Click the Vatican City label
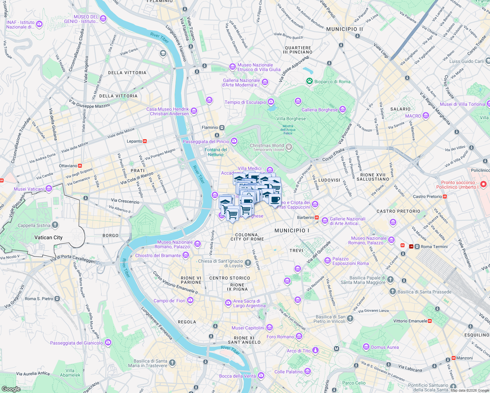48,237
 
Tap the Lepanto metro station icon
145,141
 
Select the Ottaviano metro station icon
80,166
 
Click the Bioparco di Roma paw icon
309,81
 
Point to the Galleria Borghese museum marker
342,109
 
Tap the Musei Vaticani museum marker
49,188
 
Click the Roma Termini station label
434,247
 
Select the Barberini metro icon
317,217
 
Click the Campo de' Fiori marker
190,300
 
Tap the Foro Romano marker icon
299,336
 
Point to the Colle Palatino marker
307,371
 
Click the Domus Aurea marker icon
366,346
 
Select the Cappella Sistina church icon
55,225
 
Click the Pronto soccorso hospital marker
483,184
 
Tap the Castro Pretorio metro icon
445,196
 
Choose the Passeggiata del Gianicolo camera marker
108,343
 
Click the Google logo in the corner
11,389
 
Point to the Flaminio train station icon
222,127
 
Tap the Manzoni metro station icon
454,358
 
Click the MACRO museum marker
425,115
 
